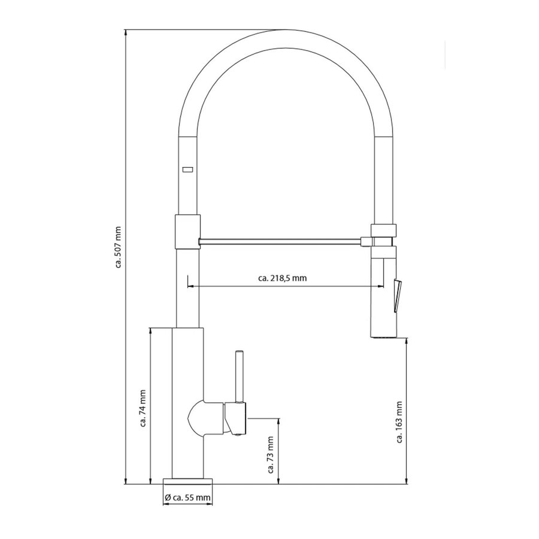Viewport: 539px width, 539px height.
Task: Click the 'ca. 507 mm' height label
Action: pyautogui.click(x=118, y=247)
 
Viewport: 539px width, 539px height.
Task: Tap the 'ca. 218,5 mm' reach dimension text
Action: pyautogui.click(x=282, y=278)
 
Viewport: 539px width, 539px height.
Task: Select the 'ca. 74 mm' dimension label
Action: pyautogui.click(x=143, y=408)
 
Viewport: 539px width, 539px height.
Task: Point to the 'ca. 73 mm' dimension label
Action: pyautogui.click(x=270, y=455)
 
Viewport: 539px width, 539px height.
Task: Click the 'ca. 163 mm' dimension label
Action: pyautogui.click(x=399, y=422)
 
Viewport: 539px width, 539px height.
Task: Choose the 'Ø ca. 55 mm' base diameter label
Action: pyautogui.click(x=187, y=497)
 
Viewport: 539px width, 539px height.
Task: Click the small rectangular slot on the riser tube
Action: pyautogui.click(x=187, y=169)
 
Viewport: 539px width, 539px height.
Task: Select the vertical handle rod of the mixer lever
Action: pyautogui.click(x=240, y=377)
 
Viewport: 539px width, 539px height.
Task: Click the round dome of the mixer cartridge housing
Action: pyautogui.click(x=196, y=419)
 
